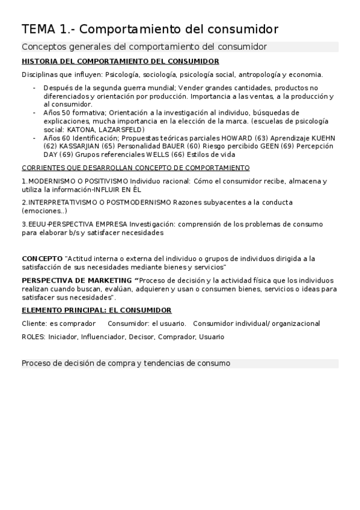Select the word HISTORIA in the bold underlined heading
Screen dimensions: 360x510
coord(39,61)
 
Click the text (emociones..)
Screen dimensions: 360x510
coord(44,211)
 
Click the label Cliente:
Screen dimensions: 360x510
coord(34,324)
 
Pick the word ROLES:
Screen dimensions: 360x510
coord(34,337)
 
